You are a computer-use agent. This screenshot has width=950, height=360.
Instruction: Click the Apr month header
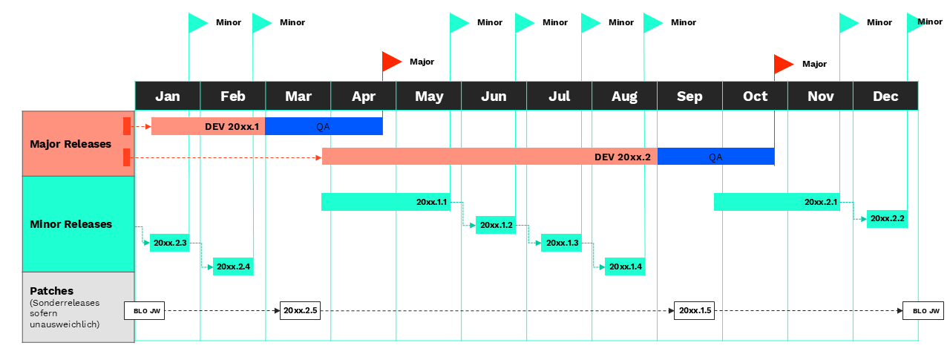pos(364,96)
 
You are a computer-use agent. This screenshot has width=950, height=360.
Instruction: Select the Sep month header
pos(689,96)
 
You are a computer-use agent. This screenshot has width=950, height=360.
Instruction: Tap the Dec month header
pos(885,96)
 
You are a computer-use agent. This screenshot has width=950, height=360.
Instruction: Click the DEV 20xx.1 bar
pos(209,126)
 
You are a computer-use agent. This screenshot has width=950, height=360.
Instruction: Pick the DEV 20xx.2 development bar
pos(490,157)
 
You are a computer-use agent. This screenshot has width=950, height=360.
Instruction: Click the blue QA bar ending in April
pos(324,126)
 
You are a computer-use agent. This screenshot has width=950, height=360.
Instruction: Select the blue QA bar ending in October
pos(716,157)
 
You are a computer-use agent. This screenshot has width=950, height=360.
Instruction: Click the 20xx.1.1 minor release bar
pos(386,202)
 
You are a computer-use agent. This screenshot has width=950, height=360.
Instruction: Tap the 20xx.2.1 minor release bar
pos(777,202)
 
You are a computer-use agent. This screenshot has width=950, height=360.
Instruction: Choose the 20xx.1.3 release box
pos(562,243)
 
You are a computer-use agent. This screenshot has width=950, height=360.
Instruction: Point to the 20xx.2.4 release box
pos(233,266)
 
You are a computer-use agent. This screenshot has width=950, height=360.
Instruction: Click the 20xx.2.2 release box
pos(887,219)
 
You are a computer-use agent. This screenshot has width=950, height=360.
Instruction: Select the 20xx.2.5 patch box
pos(301,311)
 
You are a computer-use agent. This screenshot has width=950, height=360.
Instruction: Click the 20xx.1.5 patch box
pos(694,311)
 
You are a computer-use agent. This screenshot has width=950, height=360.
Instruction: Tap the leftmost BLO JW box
pos(144,311)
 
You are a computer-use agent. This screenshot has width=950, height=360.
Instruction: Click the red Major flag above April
pos(392,62)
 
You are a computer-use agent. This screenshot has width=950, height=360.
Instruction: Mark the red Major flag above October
pos(784,65)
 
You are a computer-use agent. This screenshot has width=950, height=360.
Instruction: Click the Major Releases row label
pos(71,144)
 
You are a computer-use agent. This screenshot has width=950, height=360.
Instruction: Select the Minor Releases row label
pos(71,224)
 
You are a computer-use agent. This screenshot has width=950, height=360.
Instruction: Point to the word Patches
pos(51,291)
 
